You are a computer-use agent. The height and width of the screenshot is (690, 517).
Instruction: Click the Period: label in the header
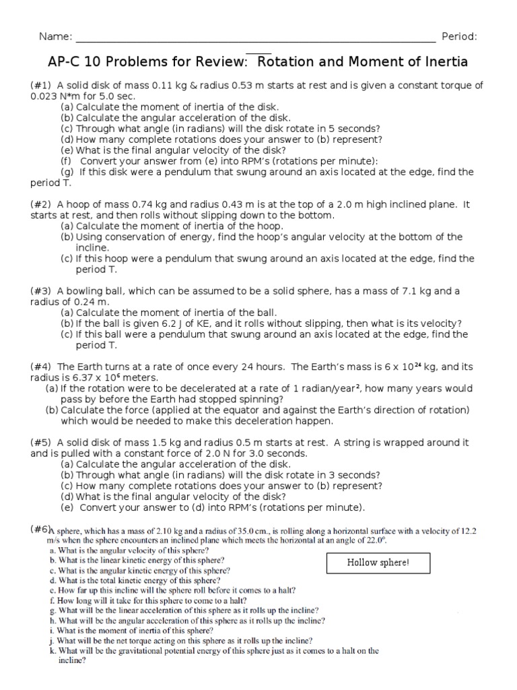[x=459, y=36]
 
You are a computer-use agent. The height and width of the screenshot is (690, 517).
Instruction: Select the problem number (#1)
[x=41, y=86]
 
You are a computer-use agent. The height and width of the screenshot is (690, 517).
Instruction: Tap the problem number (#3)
[x=41, y=291]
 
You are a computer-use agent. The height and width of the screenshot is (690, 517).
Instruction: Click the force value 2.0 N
[x=181, y=453]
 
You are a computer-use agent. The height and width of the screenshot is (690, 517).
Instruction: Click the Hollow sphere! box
[x=378, y=562]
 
